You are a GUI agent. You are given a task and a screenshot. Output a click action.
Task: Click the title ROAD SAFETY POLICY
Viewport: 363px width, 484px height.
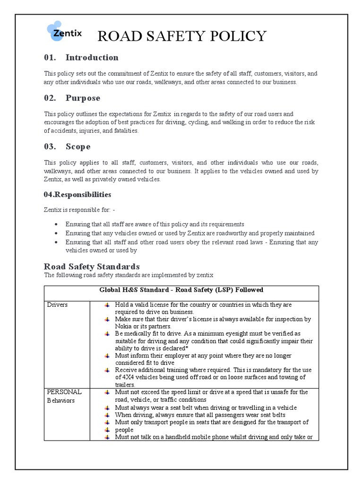(181, 36)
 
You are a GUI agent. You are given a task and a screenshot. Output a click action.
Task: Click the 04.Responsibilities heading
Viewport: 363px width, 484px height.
(78, 195)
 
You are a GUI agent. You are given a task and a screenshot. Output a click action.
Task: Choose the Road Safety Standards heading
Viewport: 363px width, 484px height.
(92, 267)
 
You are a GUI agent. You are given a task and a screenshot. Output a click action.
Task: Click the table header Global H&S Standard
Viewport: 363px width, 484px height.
(181, 290)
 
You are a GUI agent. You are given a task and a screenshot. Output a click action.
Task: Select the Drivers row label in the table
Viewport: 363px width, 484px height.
(57, 305)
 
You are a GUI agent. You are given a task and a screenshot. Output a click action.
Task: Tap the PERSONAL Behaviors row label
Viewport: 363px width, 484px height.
(64, 396)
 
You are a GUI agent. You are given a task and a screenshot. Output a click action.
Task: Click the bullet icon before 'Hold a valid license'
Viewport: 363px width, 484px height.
(108, 305)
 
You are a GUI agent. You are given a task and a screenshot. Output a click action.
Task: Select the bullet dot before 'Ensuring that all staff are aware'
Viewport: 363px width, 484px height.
(57, 224)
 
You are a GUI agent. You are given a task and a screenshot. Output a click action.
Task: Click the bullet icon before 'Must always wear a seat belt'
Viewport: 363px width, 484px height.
(108, 407)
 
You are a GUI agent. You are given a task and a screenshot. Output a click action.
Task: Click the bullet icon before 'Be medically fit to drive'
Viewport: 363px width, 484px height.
(108, 334)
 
